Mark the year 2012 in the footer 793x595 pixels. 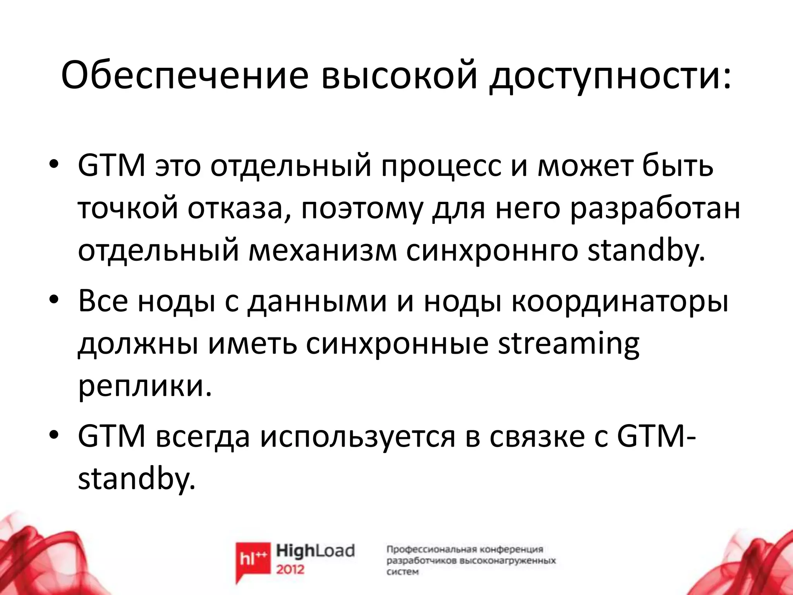pos(290,569)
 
